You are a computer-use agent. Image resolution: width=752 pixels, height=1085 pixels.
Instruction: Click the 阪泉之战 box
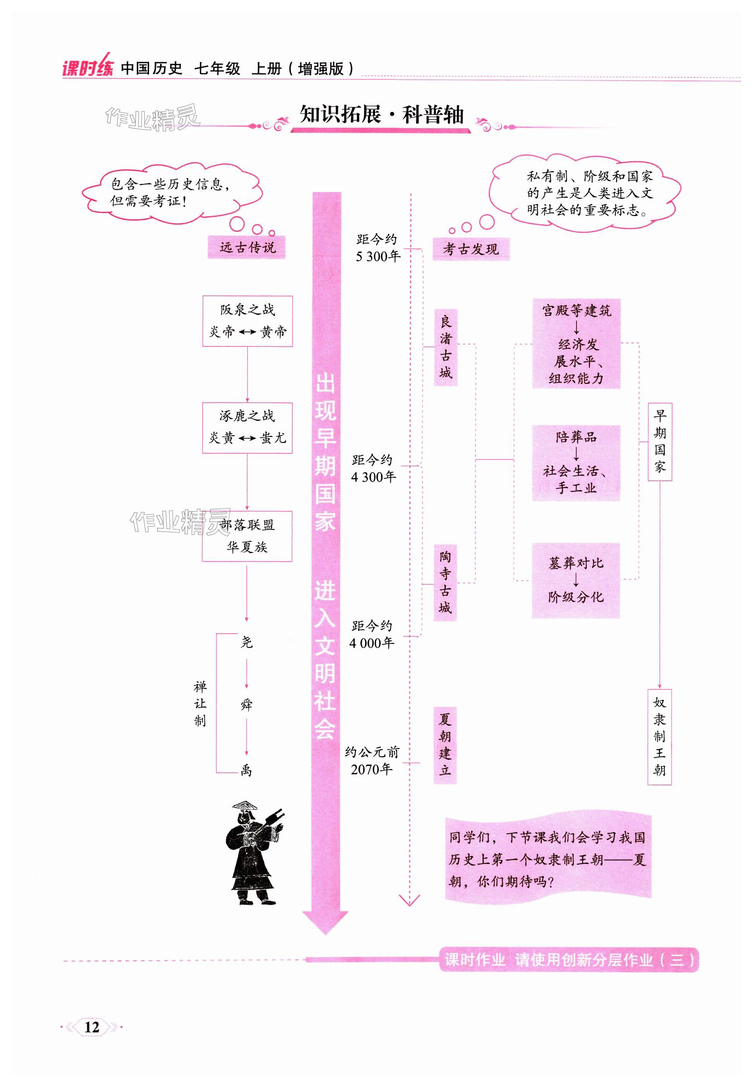(247, 321)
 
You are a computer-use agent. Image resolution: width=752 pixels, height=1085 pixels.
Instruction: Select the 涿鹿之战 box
(247, 427)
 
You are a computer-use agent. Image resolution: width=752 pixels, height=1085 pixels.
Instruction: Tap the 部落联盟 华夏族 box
(247, 536)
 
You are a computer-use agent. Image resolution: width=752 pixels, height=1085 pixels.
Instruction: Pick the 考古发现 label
(471, 249)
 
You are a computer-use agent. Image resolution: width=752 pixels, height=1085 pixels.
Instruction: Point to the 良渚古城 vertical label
(445, 347)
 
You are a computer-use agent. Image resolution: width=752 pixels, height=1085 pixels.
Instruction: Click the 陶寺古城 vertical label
(445, 582)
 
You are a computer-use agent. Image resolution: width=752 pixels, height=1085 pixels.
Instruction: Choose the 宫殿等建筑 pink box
(576, 344)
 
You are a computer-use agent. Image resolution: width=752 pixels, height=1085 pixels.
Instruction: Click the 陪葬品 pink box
(576, 463)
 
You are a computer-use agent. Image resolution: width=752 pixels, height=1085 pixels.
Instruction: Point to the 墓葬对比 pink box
(576, 580)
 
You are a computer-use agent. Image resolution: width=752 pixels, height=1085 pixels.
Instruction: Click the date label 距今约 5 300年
(377, 248)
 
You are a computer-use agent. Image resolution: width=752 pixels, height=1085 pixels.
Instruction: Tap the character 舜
(246, 704)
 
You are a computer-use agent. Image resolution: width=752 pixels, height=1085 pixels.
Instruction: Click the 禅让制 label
(200, 703)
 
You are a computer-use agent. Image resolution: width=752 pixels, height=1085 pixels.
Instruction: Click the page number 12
(92, 1027)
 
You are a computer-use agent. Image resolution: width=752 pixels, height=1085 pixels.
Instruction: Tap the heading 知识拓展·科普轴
(381, 115)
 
